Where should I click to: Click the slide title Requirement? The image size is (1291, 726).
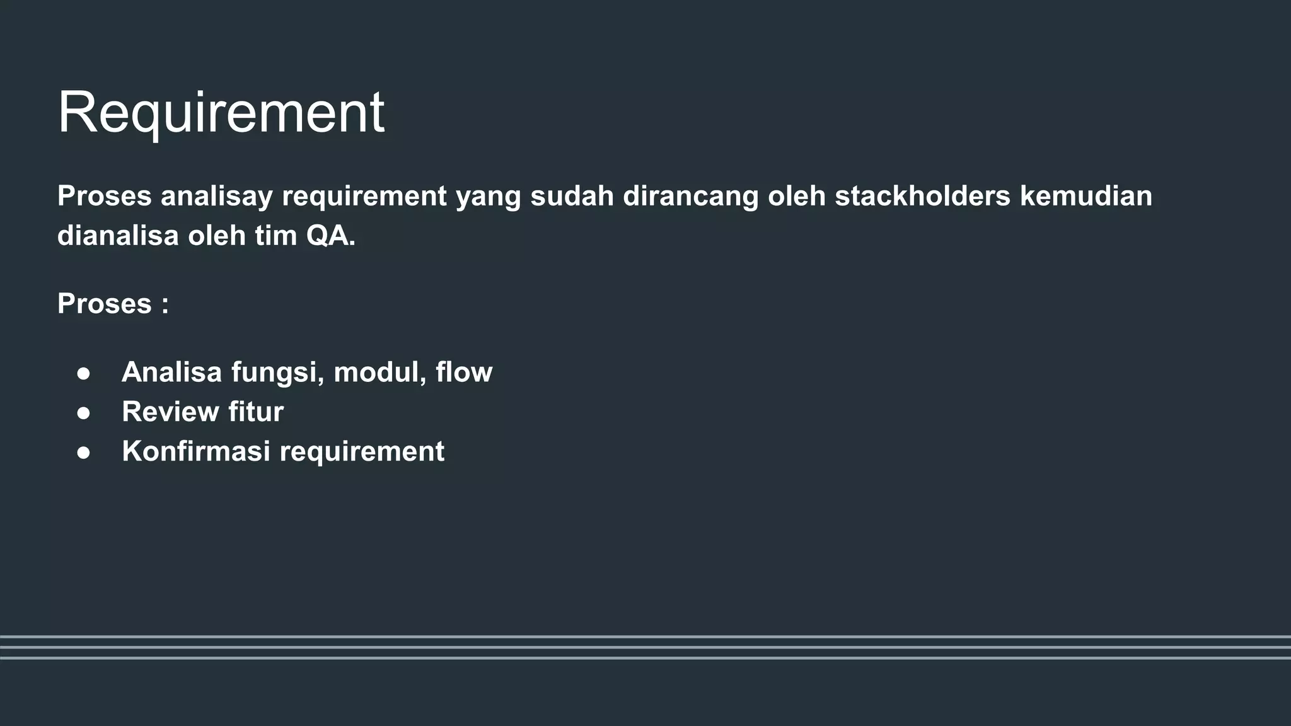point(221,113)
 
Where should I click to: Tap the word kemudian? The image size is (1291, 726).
point(1085,196)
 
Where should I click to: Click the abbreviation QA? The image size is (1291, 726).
point(330,236)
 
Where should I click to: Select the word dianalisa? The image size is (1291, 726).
point(118,236)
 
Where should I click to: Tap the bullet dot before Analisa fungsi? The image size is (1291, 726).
point(83,373)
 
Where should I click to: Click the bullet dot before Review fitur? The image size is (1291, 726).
point(83,413)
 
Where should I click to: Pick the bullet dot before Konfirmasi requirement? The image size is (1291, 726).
point(83,452)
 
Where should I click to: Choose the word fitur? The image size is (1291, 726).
point(255,412)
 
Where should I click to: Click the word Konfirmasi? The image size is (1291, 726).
point(195,451)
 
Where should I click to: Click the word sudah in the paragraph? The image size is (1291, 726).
point(572,196)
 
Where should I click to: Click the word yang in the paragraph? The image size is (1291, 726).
point(488,197)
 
